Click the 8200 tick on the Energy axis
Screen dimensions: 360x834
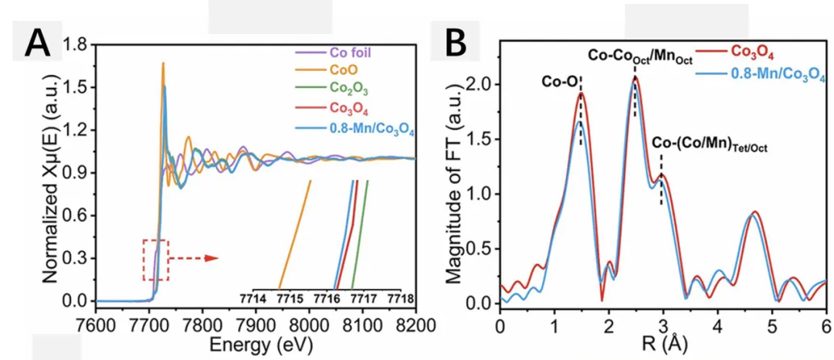pyautogui.click(x=415, y=318)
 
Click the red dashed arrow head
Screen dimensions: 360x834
pyautogui.click(x=215, y=258)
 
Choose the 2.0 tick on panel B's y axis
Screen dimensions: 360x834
pyautogui.click(x=480, y=83)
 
